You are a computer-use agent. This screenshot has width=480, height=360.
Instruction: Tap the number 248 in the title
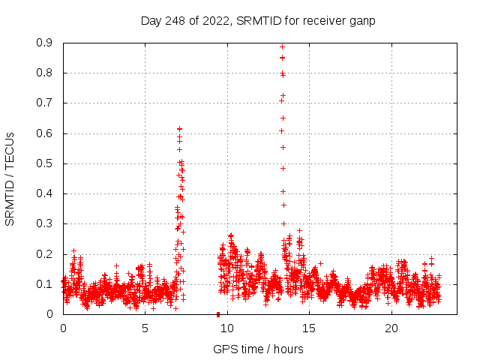pyautogui.click(x=177, y=20)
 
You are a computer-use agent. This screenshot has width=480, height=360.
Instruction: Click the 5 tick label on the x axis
pyautogui.click(x=145, y=328)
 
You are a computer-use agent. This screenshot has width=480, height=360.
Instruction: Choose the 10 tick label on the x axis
pyautogui.click(x=227, y=328)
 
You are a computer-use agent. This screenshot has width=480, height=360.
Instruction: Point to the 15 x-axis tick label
pyautogui.click(x=310, y=328)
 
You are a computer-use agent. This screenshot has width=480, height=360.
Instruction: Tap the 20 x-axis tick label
pyautogui.click(x=391, y=328)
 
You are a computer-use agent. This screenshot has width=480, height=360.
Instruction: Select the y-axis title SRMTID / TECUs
pyautogui.click(x=10, y=178)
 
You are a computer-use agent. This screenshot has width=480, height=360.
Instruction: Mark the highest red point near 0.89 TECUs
pyautogui.click(x=282, y=46)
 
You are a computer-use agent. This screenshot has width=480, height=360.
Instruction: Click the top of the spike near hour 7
pyautogui.click(x=179, y=129)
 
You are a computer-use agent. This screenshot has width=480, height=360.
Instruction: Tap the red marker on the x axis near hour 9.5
pyautogui.click(x=218, y=313)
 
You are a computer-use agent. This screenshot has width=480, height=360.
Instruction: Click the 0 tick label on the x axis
pyautogui.click(x=63, y=328)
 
